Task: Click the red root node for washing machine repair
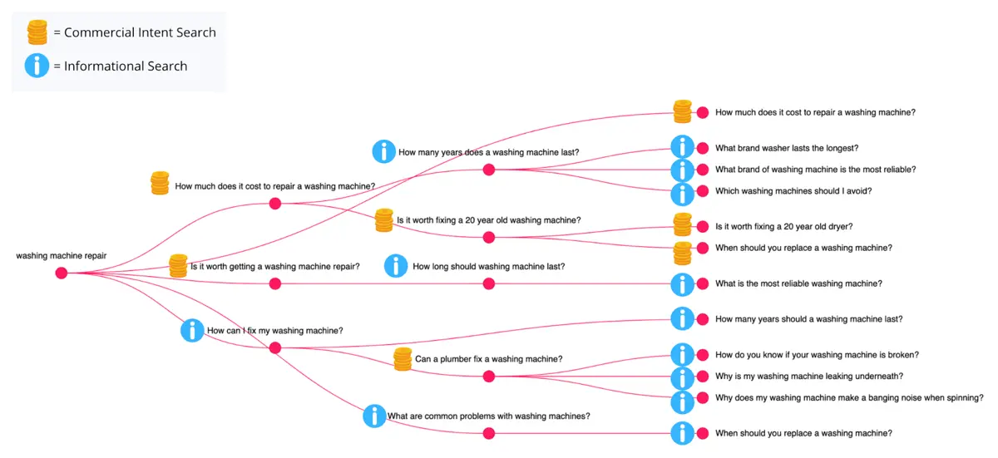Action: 62,273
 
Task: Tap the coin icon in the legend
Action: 37,32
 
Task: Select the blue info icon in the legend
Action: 37,66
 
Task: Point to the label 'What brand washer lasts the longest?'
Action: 787,148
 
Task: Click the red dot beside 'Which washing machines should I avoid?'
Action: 703,191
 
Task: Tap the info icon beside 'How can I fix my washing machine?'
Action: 192,330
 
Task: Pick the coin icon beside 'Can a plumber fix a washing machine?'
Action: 403,359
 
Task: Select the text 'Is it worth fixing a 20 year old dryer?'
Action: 783,227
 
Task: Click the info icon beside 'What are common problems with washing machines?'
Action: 375,416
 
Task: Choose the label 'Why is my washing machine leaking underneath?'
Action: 809,376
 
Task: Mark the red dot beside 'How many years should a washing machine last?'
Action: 703,319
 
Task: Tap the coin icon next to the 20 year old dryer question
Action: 682,224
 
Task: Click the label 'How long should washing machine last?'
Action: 489,266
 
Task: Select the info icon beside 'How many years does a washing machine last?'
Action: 383,151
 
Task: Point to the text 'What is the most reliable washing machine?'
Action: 798,283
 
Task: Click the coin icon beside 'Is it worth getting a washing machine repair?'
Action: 178,266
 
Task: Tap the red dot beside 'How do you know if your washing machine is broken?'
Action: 703,355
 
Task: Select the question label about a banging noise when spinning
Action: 849,397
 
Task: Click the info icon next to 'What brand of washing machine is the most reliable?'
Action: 682,170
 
